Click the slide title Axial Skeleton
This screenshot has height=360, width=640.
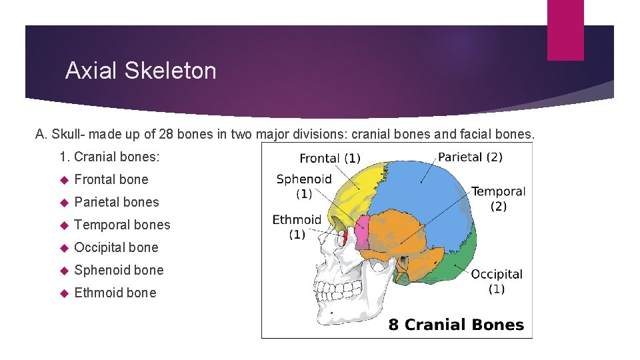tap(141, 71)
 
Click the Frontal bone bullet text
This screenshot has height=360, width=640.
tap(111, 179)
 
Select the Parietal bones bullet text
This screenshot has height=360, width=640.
tap(117, 202)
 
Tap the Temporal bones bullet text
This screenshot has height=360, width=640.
tap(122, 225)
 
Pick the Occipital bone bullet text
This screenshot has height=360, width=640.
tap(116, 247)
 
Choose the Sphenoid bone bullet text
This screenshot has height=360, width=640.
tap(119, 270)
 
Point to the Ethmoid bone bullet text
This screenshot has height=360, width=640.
tap(115, 293)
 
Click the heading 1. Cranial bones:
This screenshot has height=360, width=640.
tap(109, 157)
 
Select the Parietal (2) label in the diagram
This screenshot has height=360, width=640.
tap(470, 157)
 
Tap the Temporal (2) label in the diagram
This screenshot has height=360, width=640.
tap(498, 199)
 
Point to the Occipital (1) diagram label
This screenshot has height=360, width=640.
tap(497, 281)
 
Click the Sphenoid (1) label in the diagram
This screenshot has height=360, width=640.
tap(304, 186)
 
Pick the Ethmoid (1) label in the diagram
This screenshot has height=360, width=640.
tap(297, 227)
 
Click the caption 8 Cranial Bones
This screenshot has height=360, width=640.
tap(456, 325)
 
